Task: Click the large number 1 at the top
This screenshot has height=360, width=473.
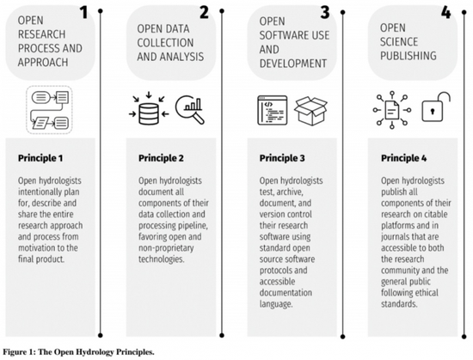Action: [x=83, y=13]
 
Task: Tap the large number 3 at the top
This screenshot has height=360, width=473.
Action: [x=325, y=13]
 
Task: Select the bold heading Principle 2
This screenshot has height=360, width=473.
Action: [x=161, y=158]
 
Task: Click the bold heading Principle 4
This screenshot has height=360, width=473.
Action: [x=403, y=158]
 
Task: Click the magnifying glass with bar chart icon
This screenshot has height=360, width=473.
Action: [x=190, y=109]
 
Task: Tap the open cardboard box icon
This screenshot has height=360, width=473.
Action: [x=310, y=111]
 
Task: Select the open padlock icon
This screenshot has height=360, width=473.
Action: [x=436, y=107]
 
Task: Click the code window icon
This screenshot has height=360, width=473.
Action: [x=273, y=110]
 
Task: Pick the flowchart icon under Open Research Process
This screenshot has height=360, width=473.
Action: [x=50, y=110]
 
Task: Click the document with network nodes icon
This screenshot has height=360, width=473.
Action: [x=392, y=110]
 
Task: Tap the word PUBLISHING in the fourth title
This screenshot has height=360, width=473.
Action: [x=408, y=56]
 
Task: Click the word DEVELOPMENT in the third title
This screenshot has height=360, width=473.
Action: [x=293, y=64]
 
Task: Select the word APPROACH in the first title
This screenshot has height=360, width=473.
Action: [x=43, y=63]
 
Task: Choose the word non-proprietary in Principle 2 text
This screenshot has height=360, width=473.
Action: [x=166, y=248]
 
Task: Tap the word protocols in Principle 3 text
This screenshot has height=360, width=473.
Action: [x=275, y=271]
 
